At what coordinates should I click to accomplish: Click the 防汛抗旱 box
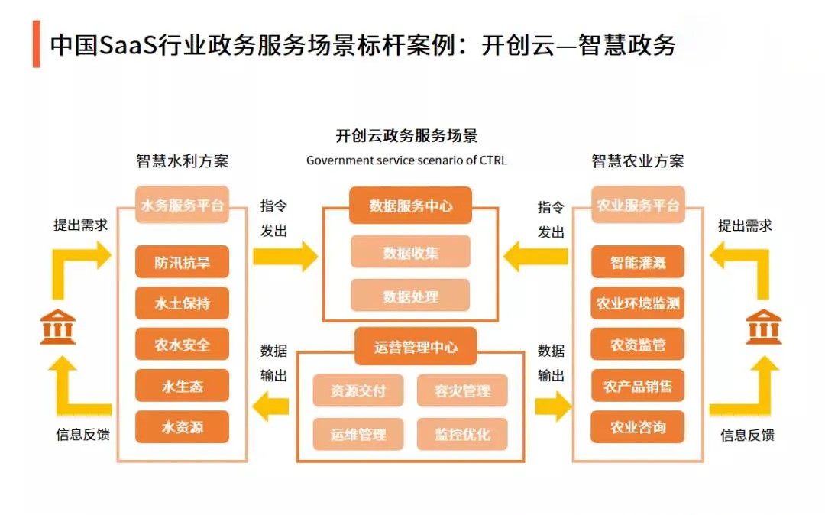click(x=182, y=261)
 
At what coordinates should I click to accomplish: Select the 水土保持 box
click(x=182, y=303)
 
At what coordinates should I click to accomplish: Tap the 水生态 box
click(x=182, y=386)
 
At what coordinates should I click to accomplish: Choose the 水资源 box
click(x=182, y=426)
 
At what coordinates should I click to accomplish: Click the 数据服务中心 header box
click(x=410, y=205)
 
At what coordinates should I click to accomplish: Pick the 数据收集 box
click(x=410, y=252)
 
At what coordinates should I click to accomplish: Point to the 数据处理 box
click(x=410, y=296)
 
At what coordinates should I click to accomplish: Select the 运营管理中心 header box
click(x=416, y=347)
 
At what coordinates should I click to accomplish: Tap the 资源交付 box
click(x=358, y=390)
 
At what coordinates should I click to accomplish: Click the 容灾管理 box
click(x=462, y=390)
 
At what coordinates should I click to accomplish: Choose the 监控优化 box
click(x=462, y=434)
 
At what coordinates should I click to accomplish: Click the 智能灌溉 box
click(x=638, y=261)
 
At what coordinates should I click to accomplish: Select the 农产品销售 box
click(x=638, y=386)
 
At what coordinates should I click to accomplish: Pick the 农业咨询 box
click(x=638, y=426)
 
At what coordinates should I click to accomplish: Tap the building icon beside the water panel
click(x=58, y=327)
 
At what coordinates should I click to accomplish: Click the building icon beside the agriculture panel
click(x=764, y=327)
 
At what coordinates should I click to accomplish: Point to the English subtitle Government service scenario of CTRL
click(x=406, y=160)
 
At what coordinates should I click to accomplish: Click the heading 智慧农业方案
click(x=638, y=161)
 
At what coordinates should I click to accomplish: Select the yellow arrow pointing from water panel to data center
click(x=286, y=257)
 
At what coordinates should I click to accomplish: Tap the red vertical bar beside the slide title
click(x=37, y=44)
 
